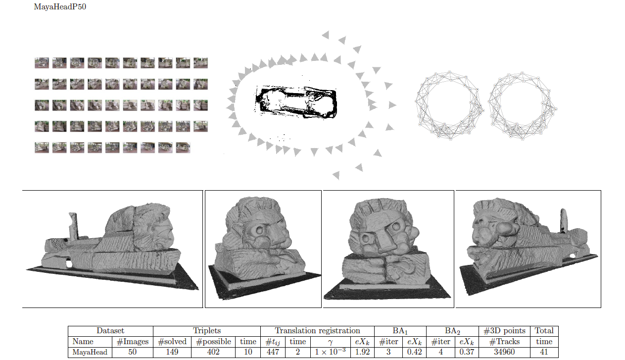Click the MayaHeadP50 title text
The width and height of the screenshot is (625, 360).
(60, 6)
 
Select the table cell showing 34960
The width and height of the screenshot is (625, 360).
(504, 352)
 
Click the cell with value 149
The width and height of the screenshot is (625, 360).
(172, 352)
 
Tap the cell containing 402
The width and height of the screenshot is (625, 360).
(213, 352)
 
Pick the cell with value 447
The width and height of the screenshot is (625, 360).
(273, 352)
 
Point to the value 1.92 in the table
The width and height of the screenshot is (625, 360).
(362, 352)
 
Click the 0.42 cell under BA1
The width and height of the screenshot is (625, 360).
(414, 352)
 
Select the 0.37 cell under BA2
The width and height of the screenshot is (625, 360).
(467, 352)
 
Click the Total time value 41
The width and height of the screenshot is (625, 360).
(544, 352)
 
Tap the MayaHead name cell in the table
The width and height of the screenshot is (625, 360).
(90, 352)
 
